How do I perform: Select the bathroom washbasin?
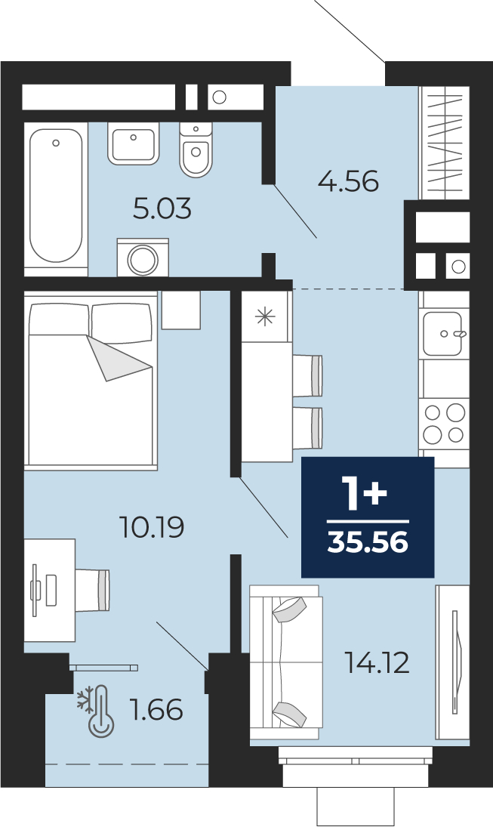coord(134,143)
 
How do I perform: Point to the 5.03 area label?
coord(162,209)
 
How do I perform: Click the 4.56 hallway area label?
coord(348,182)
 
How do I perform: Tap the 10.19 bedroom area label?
coord(152,527)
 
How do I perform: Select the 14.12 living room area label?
coord(377,663)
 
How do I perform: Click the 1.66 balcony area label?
coord(156,710)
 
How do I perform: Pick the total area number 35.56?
coord(368,542)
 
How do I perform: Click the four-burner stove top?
coord(444,424)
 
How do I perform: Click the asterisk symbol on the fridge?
coord(265,316)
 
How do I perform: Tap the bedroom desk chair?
coord(92,590)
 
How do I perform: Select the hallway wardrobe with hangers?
coord(444,143)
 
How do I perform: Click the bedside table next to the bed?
coord(181,310)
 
